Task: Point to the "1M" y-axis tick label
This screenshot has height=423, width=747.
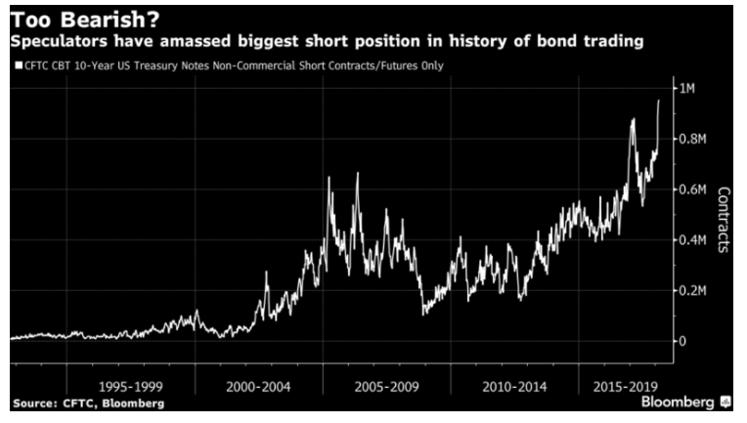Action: pos(689,90)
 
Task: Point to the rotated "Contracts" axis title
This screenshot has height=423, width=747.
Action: pos(724,220)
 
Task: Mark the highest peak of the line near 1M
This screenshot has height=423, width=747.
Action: pos(659,101)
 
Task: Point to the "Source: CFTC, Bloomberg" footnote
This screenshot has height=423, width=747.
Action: pos(88,402)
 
